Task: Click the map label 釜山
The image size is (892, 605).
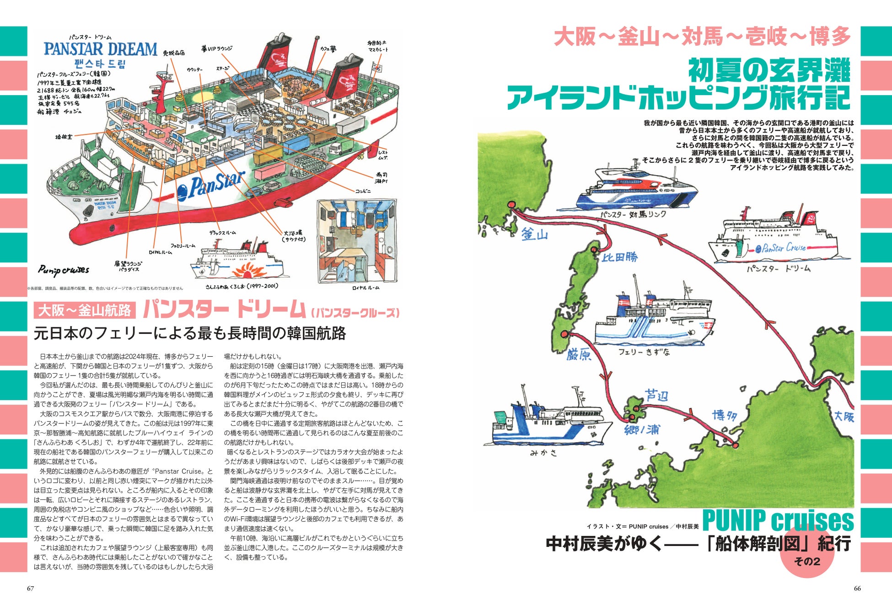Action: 535,235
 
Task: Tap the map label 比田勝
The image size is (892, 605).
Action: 619,257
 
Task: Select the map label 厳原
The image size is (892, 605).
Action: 579,354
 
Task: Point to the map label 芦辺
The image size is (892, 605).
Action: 656,396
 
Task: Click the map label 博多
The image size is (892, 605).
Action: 725,416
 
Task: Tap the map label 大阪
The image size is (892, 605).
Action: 844,417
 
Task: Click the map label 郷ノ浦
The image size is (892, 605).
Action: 642,430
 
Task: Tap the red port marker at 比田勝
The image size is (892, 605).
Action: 594,250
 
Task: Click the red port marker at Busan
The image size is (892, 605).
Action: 511,205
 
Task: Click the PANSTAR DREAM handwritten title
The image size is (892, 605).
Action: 100,49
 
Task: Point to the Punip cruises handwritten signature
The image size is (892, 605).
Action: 64,270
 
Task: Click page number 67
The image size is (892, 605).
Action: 31,589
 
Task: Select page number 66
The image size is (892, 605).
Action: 857,589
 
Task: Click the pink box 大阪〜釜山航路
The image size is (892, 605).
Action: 85,311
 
